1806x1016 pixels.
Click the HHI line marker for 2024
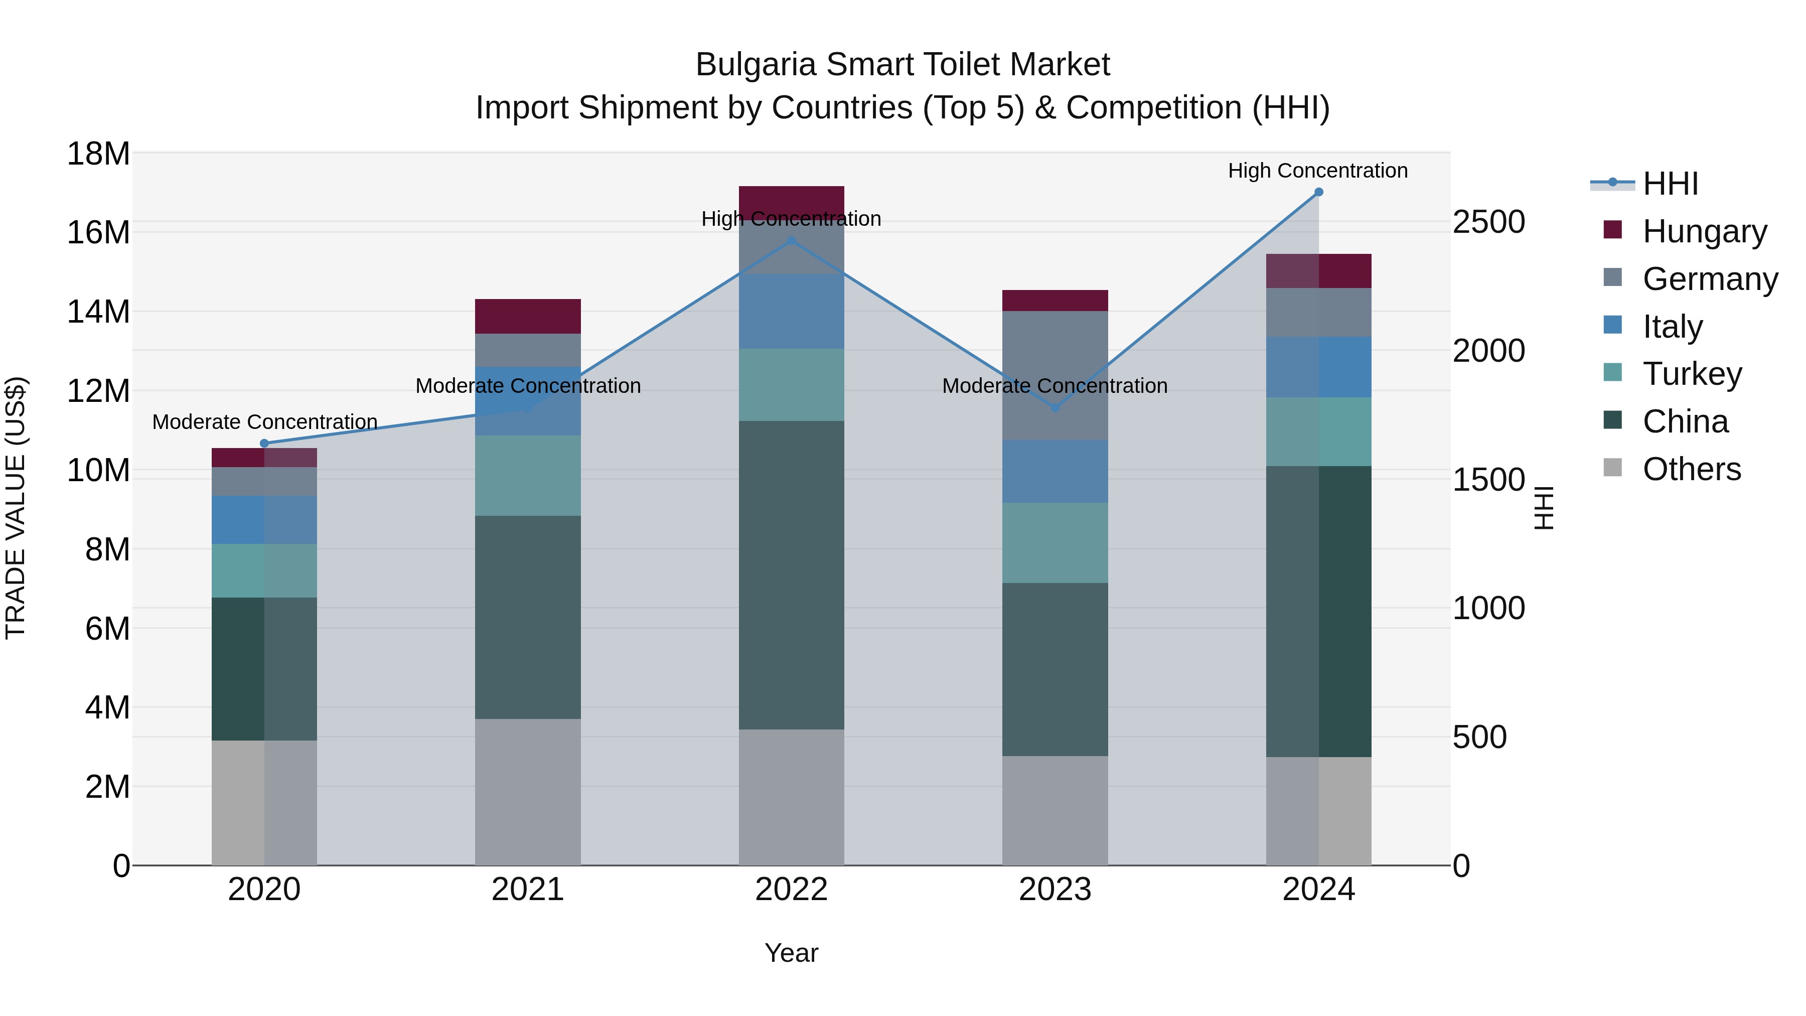pyautogui.click(x=1318, y=192)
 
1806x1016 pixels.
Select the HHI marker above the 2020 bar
pyautogui.click(x=264, y=443)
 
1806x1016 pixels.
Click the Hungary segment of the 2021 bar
pyautogui.click(x=528, y=316)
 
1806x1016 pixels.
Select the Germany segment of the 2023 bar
pyautogui.click(x=1055, y=375)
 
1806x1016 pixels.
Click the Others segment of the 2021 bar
pyautogui.click(x=528, y=792)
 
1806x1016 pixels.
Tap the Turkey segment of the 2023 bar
pyautogui.click(x=1055, y=543)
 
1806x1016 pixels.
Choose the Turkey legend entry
pyautogui.click(x=1692, y=374)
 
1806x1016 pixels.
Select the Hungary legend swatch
pyautogui.click(x=1612, y=230)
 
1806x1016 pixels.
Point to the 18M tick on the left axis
pyautogui.click(x=98, y=154)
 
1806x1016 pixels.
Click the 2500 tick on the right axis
pyautogui.click(x=1488, y=222)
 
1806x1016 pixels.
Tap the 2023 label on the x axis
pyautogui.click(x=1055, y=890)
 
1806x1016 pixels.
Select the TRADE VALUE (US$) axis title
pyautogui.click(x=16, y=508)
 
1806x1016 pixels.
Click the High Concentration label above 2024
pyautogui.click(x=1317, y=171)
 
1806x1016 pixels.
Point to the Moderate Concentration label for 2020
pyautogui.click(x=264, y=422)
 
